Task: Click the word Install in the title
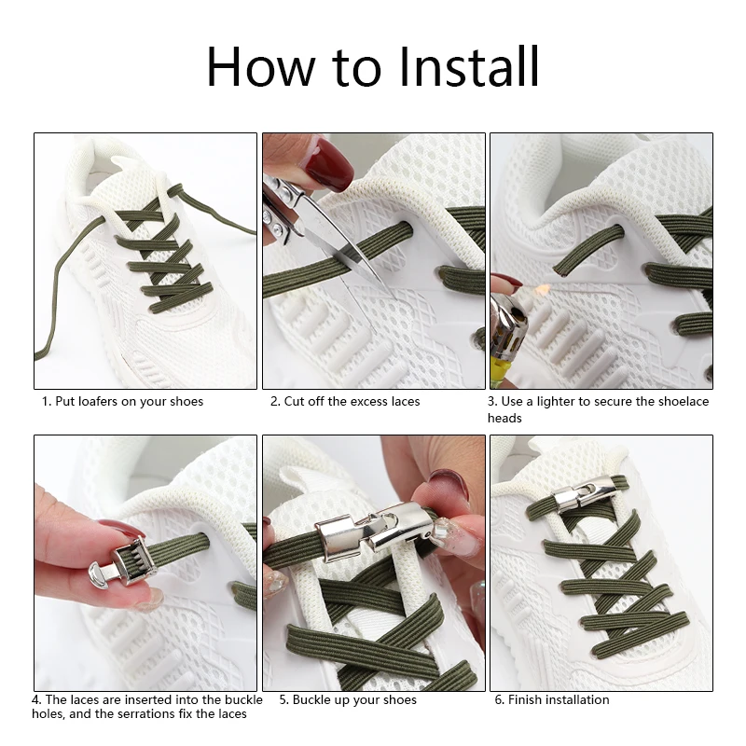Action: [x=469, y=66]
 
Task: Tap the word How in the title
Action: [x=261, y=66]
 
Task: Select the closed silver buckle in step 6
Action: [x=574, y=495]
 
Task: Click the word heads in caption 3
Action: [x=504, y=418]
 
